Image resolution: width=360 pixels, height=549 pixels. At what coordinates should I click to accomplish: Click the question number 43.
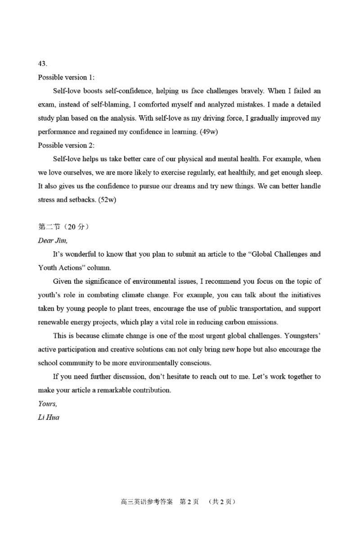[43, 63]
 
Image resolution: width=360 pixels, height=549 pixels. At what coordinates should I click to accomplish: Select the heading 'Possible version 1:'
[66, 77]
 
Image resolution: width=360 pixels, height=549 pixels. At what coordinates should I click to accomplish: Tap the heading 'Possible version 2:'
[66, 145]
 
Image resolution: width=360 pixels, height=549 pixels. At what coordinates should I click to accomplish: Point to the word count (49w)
[207, 132]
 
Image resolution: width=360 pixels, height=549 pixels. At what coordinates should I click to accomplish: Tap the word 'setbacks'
[83, 200]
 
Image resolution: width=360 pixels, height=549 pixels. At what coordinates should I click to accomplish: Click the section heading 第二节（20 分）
[63, 227]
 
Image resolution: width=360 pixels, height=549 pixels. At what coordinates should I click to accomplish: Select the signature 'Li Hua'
[49, 417]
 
